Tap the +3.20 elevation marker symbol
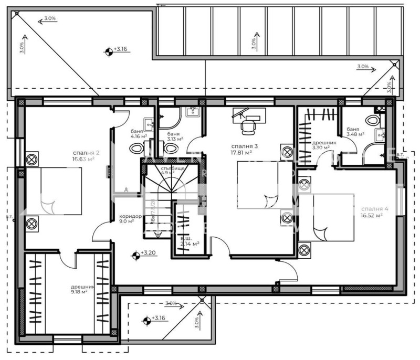[x=136, y=255]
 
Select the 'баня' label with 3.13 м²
[x=174, y=134]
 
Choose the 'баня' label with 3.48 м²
[x=353, y=129]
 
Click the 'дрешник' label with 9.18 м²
[x=83, y=287]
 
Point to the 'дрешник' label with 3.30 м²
[x=321, y=142]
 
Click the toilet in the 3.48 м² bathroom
[x=376, y=119]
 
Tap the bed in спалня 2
[x=54, y=192]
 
